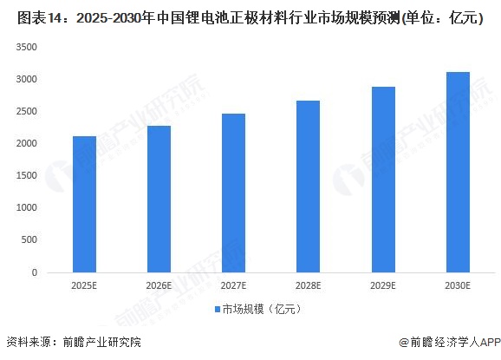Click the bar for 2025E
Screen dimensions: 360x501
(84, 204)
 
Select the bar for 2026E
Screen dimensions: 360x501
(159, 199)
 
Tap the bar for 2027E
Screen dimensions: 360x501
(233, 193)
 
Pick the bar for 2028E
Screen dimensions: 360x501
(308, 187)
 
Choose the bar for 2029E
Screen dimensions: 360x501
(382, 180)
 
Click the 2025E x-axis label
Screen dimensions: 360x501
(84, 285)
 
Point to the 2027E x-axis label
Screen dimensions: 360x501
(233, 285)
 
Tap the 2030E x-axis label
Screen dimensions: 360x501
(457, 285)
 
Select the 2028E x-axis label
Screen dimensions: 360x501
(308, 285)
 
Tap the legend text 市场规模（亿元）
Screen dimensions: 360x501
(260, 309)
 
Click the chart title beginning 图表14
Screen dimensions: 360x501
(250, 16)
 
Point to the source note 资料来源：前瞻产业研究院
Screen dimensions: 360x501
(73, 343)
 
